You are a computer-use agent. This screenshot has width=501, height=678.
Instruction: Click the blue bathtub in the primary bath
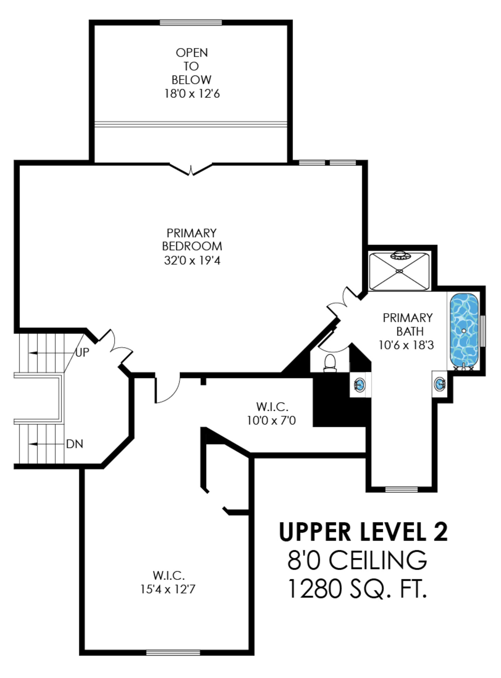(x=464, y=332)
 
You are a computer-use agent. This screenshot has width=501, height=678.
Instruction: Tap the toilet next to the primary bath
(x=330, y=363)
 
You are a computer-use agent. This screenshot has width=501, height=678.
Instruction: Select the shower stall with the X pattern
(x=399, y=271)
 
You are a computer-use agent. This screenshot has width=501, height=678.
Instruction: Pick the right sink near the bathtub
(x=440, y=383)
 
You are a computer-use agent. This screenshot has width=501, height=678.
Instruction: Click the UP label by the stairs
(x=82, y=352)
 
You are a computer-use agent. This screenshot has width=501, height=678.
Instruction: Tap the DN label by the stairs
(x=75, y=444)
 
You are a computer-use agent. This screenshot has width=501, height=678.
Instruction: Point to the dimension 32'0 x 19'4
(x=192, y=260)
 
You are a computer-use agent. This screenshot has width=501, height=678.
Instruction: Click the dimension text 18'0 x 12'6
(x=192, y=93)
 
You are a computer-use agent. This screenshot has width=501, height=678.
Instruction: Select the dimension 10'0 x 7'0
(x=271, y=420)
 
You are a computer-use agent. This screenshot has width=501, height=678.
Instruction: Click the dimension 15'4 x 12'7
(x=168, y=589)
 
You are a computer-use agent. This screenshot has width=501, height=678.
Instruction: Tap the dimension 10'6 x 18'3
(x=406, y=345)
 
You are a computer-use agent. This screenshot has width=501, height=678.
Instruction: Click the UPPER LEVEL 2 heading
(x=363, y=532)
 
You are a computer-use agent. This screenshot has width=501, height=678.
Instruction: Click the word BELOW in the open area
(x=191, y=80)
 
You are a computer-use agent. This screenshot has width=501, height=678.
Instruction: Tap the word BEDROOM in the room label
(x=192, y=246)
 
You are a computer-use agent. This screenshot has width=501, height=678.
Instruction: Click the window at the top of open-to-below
(x=191, y=23)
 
